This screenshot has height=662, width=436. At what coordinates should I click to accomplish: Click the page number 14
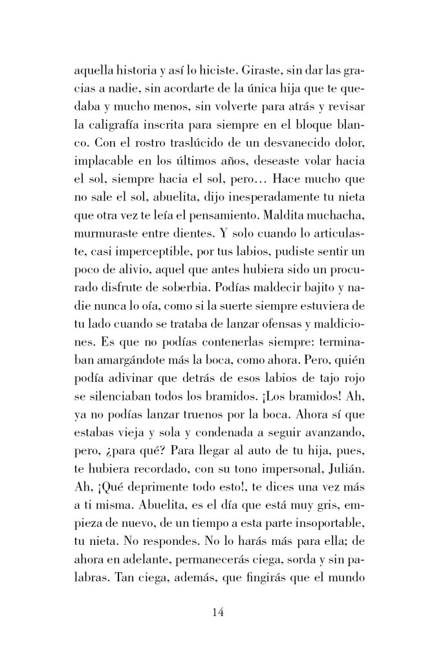point(217,613)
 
